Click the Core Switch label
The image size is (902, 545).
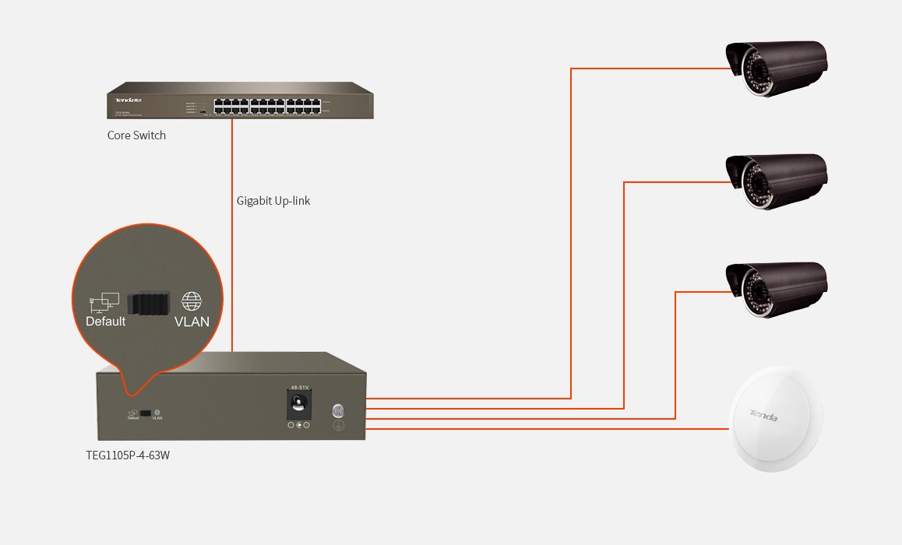(x=136, y=135)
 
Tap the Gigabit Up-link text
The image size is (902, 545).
(x=273, y=201)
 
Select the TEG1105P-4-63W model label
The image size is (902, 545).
(x=128, y=455)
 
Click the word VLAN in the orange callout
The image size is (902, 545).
(x=192, y=321)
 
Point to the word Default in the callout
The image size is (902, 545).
(x=105, y=321)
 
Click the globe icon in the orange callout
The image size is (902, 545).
(x=192, y=301)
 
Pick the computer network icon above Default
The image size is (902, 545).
(x=104, y=302)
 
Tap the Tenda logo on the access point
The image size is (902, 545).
(x=763, y=415)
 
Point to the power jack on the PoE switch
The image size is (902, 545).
(x=298, y=403)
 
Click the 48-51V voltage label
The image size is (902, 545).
(x=299, y=387)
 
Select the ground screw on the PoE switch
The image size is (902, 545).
(x=339, y=411)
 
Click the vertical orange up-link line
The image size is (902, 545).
(x=232, y=234)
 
